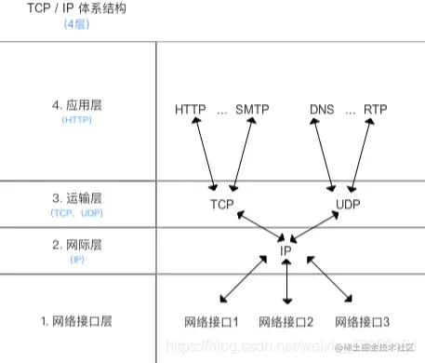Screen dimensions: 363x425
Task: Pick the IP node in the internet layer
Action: click(287, 249)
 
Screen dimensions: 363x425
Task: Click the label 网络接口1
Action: click(212, 321)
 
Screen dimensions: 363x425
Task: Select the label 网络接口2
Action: click(286, 321)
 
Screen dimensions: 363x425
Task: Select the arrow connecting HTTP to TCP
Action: click(203, 155)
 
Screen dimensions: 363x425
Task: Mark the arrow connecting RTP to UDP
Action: click(364, 155)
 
